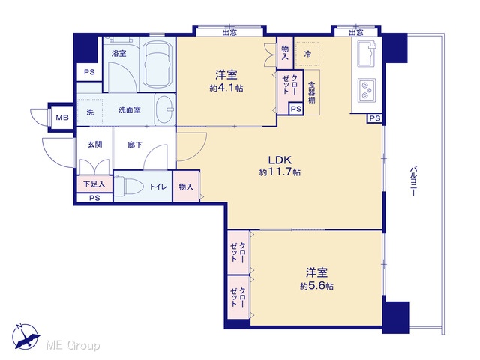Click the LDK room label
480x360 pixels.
[280, 160]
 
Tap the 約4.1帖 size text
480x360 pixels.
[226, 88]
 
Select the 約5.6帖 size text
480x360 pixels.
[316, 286]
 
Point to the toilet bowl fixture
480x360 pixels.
[129, 186]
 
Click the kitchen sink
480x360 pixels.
[367, 54]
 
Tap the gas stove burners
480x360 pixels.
[367, 90]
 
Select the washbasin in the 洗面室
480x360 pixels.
[164, 109]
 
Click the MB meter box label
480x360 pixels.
[62, 118]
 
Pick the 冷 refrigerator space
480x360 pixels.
[307, 54]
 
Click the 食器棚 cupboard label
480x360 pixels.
[312, 92]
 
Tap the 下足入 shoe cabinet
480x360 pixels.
[94, 184]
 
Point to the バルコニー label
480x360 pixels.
[413, 181]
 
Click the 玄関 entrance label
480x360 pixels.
[95, 145]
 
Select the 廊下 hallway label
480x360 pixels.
[135, 145]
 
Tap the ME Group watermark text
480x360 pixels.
[73, 345]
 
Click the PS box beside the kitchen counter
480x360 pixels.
[375, 118]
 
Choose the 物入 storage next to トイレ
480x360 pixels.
[186, 187]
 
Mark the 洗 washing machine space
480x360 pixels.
[90, 112]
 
